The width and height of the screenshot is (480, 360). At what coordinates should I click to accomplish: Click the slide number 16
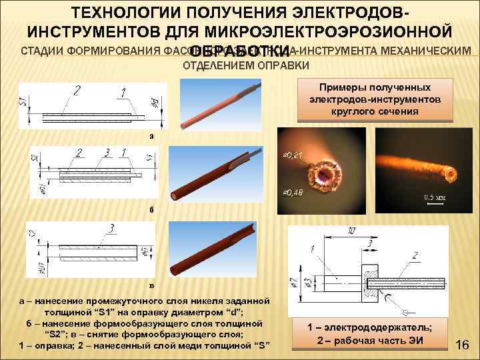point(463,345)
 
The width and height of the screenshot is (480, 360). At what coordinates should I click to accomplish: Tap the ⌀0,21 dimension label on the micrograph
point(292,155)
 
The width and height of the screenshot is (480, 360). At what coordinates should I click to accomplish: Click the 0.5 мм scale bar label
point(435,197)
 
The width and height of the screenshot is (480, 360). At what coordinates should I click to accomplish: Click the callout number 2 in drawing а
point(78,89)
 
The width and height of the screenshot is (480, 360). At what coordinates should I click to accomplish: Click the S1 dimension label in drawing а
point(23,102)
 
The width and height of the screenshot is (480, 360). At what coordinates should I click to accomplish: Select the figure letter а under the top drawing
point(151,135)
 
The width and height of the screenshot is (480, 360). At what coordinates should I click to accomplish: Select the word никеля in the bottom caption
point(207,299)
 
